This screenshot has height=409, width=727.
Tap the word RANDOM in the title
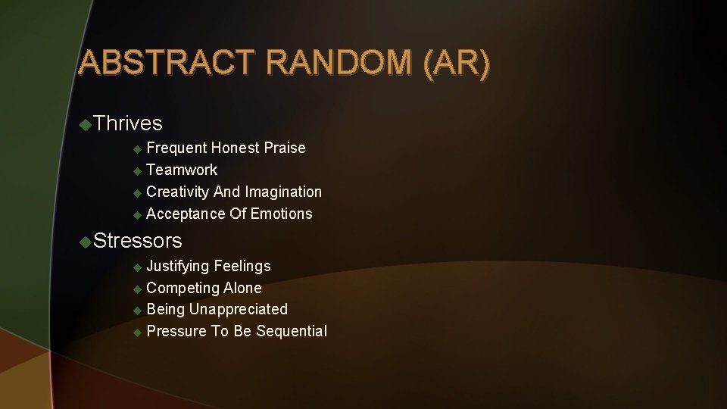pyautogui.click(x=341, y=63)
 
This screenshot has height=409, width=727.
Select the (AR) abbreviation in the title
pyautogui.click(x=457, y=63)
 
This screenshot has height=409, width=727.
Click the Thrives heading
pyautogui.click(x=129, y=123)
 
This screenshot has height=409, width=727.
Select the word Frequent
pyautogui.click(x=176, y=148)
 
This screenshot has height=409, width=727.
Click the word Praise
pyautogui.click(x=285, y=148)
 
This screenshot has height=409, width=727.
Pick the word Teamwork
pyautogui.click(x=182, y=170)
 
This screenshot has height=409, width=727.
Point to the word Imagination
pyautogui.click(x=283, y=192)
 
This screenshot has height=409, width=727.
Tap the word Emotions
pyautogui.click(x=281, y=214)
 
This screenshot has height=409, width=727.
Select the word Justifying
pyautogui.click(x=178, y=266)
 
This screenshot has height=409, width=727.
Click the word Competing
pyautogui.click(x=181, y=288)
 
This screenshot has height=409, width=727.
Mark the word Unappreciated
pyautogui.click(x=238, y=309)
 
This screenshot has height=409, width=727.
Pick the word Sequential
pyautogui.click(x=292, y=331)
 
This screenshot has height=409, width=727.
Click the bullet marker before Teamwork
pyautogui.click(x=137, y=170)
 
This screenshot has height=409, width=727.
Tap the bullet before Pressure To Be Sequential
pyautogui.click(x=137, y=332)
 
